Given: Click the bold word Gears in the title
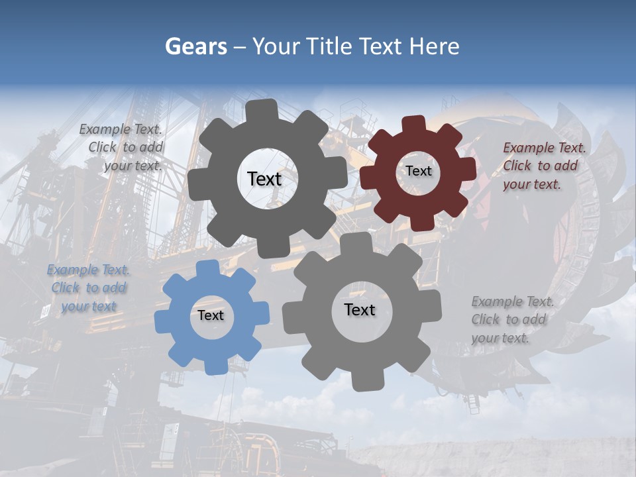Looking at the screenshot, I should [x=195, y=46].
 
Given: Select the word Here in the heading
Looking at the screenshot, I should [x=435, y=46].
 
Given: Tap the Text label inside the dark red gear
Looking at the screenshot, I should [x=418, y=171].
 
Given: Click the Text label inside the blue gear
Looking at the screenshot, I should [x=211, y=316].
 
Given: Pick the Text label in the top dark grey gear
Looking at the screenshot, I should [x=264, y=179].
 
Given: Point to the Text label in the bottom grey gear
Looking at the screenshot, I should [x=360, y=309].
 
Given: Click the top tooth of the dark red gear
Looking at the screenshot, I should [x=414, y=124].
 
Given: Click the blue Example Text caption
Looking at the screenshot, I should [x=89, y=288].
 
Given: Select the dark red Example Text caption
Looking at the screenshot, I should [x=543, y=166].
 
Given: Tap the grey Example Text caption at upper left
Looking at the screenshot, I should [x=122, y=148].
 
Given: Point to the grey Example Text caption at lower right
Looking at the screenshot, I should [x=511, y=319].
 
